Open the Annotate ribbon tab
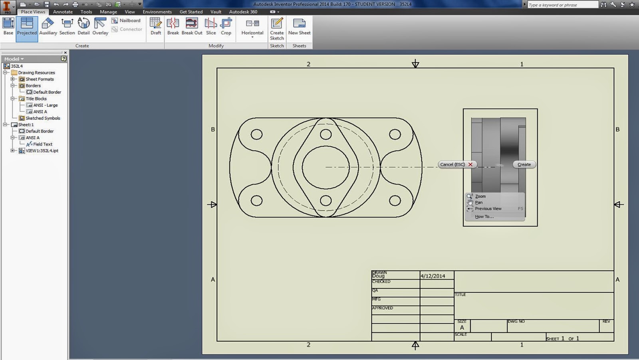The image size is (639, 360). coord(63,12)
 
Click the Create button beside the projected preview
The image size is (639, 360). coord(524,164)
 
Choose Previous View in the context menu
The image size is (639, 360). coord(488,209)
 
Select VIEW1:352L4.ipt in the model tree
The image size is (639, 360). coord(42,151)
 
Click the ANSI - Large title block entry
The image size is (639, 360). coord(45,105)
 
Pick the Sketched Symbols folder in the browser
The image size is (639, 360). coord(43,118)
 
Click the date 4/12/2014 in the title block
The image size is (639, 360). coord(433,276)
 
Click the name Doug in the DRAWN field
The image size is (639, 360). coord(379,276)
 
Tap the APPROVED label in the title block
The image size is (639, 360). coord(383,308)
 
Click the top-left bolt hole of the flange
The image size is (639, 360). coord(256,134)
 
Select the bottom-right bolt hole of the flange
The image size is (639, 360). coord(395,200)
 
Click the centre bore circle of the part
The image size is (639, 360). coord(325,167)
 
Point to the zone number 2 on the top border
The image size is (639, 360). coord(308,64)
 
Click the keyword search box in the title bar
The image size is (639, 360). coord(562,5)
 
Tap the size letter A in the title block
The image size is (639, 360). coord(462,328)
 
